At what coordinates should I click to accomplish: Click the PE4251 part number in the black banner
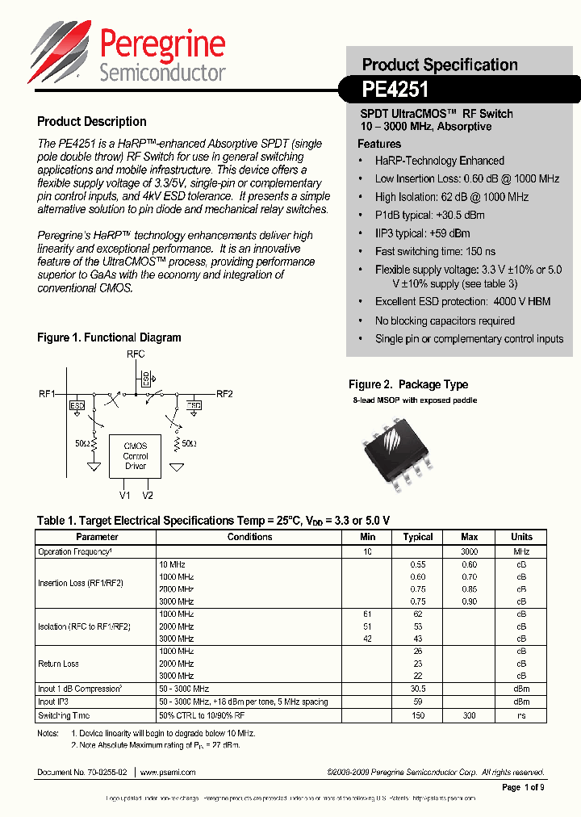coord(395,88)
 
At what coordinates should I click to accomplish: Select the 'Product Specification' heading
coord(440,65)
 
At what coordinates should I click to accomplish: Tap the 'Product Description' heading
coord(92,122)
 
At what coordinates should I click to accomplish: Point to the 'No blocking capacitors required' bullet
coord(445,321)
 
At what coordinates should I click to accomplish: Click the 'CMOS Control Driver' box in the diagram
coord(135,456)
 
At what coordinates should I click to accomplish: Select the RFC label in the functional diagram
coord(136,354)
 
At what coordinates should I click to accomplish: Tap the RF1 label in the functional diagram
coord(47,394)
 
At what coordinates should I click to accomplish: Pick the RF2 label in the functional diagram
coord(224,394)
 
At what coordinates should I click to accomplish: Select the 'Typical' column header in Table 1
coord(418,537)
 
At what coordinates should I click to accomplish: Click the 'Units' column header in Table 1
coord(521,537)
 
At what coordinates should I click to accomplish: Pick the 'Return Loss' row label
coord(59,664)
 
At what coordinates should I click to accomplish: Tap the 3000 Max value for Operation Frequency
coord(469,551)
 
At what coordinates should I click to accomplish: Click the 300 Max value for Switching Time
coord(469,715)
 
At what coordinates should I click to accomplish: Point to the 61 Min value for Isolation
coord(367,614)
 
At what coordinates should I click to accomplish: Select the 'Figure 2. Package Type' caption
coord(408,385)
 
